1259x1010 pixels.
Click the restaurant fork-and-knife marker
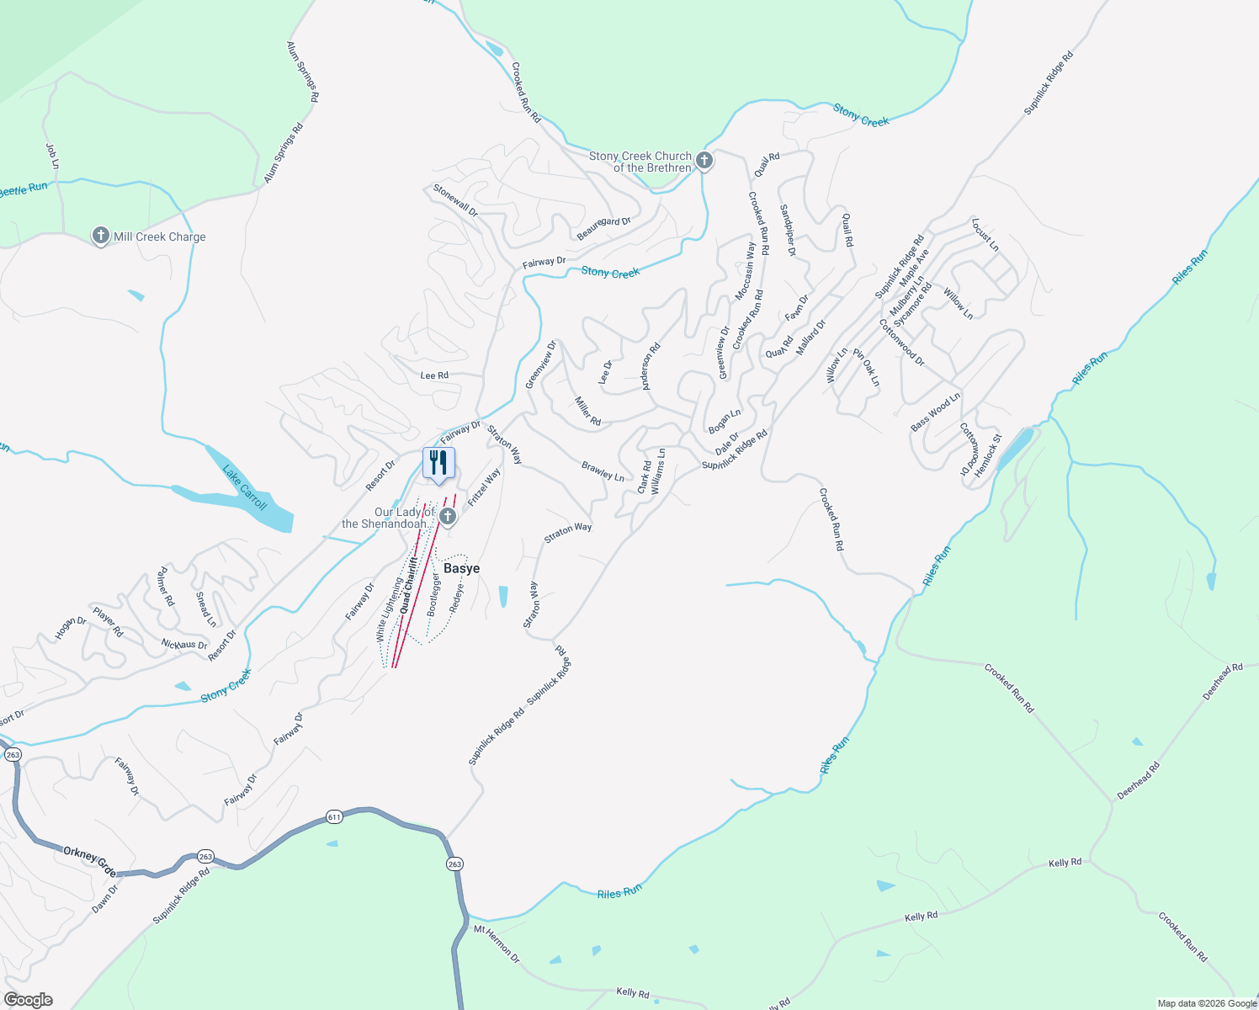click(x=438, y=463)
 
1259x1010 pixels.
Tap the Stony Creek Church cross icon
click(x=704, y=160)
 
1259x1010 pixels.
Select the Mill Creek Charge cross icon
click(x=101, y=236)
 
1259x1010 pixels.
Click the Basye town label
click(x=461, y=568)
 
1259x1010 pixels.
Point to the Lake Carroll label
click(x=245, y=487)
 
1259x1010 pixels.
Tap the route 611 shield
click(x=334, y=816)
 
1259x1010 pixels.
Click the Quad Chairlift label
click(x=409, y=584)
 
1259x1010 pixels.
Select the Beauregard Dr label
click(x=603, y=227)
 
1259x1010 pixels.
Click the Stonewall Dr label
click(x=455, y=201)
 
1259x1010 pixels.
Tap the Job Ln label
click(x=52, y=156)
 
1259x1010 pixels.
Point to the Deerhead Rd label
click(x=1138, y=780)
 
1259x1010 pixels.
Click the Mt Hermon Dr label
click(x=497, y=944)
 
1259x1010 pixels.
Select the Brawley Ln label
click(x=603, y=470)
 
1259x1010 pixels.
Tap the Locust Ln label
click(x=985, y=235)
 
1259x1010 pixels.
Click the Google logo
click(x=28, y=1000)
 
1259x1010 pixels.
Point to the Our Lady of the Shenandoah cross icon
click(x=448, y=517)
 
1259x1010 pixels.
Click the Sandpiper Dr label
click(x=787, y=229)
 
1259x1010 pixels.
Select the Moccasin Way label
click(x=746, y=271)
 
